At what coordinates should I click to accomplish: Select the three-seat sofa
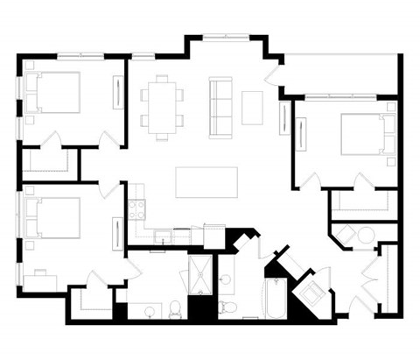click(x=219, y=101)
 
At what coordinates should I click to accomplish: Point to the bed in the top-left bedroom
click(x=54, y=92)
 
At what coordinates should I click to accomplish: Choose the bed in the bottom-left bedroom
click(x=54, y=216)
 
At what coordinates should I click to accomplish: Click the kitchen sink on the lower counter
click(x=161, y=236)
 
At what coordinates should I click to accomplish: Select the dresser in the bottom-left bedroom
click(x=117, y=232)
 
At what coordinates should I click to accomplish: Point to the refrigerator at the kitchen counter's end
click(x=214, y=236)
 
